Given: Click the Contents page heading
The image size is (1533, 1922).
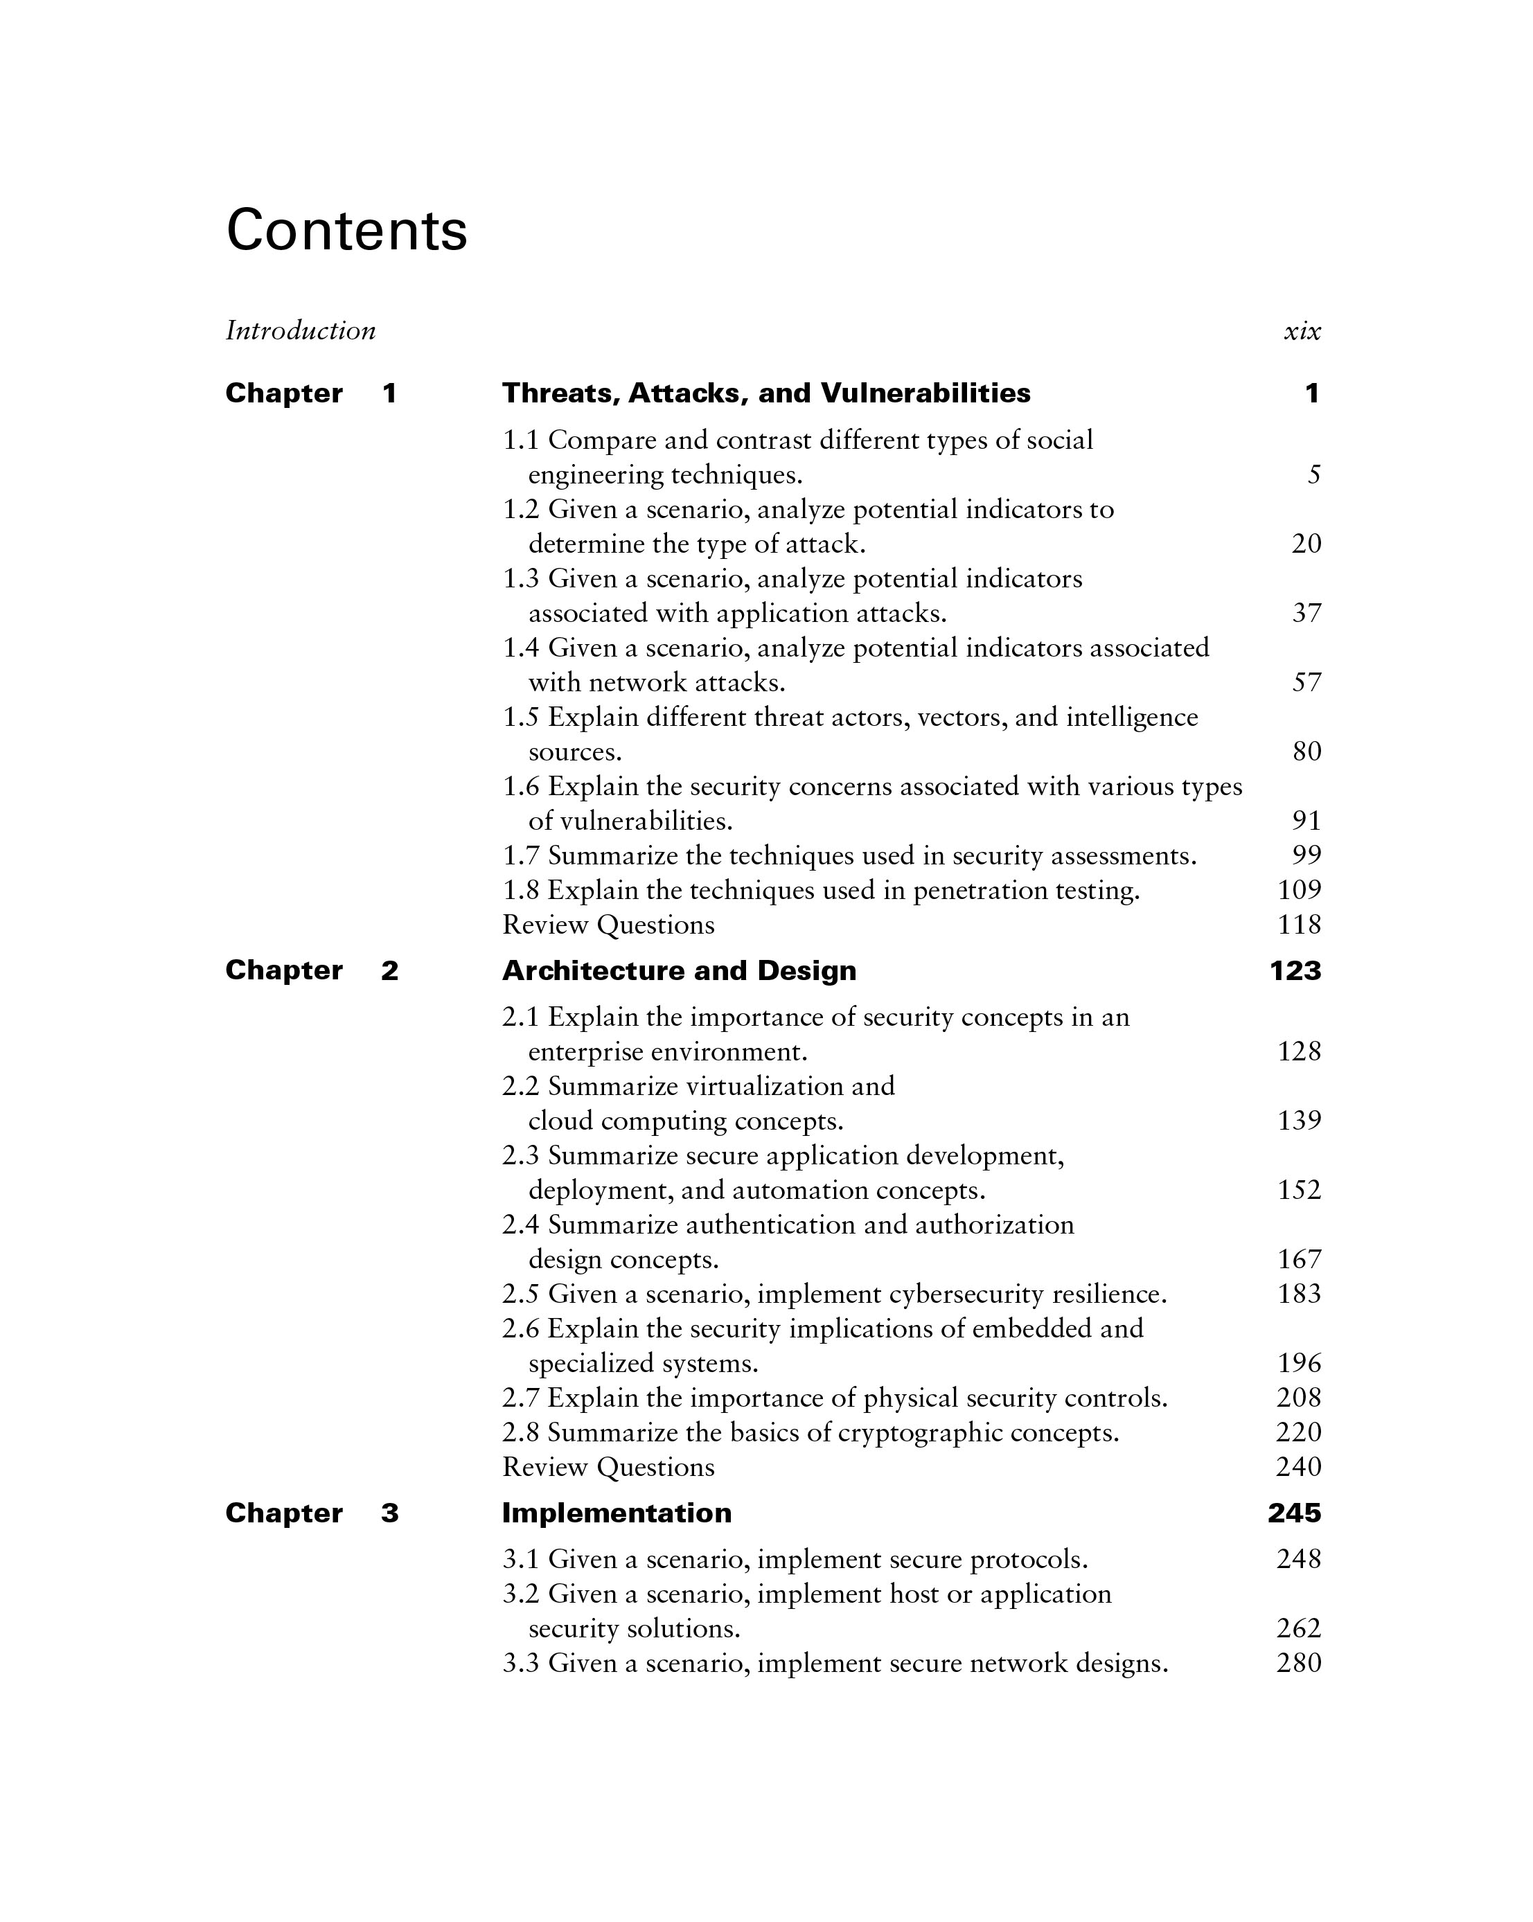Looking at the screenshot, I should click(x=346, y=231).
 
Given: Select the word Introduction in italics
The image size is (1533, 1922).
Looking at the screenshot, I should click(x=301, y=331).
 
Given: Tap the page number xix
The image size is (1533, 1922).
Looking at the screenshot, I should click(x=1302, y=332).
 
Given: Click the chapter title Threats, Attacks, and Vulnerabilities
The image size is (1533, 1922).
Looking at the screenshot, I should click(x=766, y=393).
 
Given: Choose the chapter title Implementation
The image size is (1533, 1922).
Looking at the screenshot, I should click(x=617, y=1513).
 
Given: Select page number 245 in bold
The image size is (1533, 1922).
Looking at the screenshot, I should click(x=1294, y=1513).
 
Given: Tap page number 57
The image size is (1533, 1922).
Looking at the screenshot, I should click(x=1306, y=683).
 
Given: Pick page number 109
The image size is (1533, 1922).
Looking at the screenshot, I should click(x=1300, y=890).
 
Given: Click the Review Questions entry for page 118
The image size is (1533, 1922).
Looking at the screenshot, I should click(x=608, y=925).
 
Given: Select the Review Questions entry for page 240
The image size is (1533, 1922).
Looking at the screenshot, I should click(x=608, y=1468).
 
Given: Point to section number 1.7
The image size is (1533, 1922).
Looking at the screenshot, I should click(x=521, y=856).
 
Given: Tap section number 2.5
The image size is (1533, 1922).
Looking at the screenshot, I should click(x=521, y=1294).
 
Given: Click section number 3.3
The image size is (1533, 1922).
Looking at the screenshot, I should click(x=521, y=1664).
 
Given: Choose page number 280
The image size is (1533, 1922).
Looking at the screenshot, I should click(x=1298, y=1664).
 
